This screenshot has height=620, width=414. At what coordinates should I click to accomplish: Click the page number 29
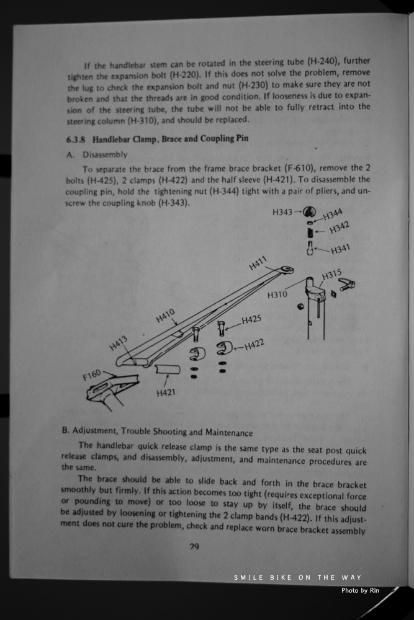[x=194, y=546]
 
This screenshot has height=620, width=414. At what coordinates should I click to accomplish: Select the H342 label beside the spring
[x=339, y=229]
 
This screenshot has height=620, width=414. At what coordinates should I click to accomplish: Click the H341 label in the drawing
[x=341, y=249]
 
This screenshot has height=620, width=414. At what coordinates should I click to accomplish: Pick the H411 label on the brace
[x=258, y=263]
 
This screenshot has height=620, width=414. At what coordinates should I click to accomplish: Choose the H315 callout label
[x=332, y=274]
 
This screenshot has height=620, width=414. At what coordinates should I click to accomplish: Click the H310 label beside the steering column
[x=277, y=294]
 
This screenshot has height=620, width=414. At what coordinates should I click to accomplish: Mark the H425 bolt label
[x=251, y=320]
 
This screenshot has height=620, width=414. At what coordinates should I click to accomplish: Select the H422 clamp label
[x=254, y=345]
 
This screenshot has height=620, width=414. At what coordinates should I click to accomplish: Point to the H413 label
[x=119, y=342]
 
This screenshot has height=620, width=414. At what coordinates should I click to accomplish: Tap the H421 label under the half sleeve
[x=165, y=392]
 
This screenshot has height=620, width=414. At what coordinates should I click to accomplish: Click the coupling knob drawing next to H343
[x=311, y=211]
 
